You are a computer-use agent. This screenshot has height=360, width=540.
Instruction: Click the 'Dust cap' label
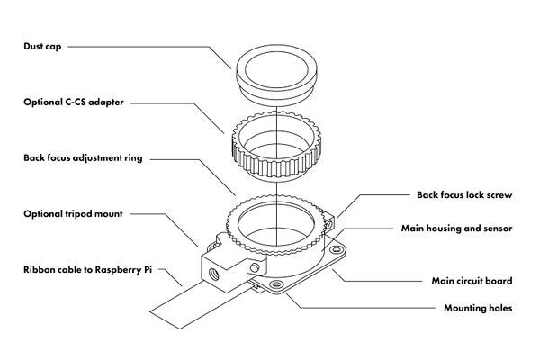point(43,46)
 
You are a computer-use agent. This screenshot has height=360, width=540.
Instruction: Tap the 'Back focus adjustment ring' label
point(83,157)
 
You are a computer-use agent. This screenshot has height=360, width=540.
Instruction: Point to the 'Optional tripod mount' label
point(73,214)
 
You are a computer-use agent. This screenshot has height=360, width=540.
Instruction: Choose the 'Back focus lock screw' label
point(464,194)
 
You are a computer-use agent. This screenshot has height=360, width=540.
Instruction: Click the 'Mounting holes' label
point(478,308)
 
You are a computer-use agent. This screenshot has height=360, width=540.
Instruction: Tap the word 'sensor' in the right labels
point(495,229)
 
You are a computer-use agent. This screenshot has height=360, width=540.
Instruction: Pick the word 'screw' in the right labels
point(497,194)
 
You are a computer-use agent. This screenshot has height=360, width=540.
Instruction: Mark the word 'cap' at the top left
point(56,46)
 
